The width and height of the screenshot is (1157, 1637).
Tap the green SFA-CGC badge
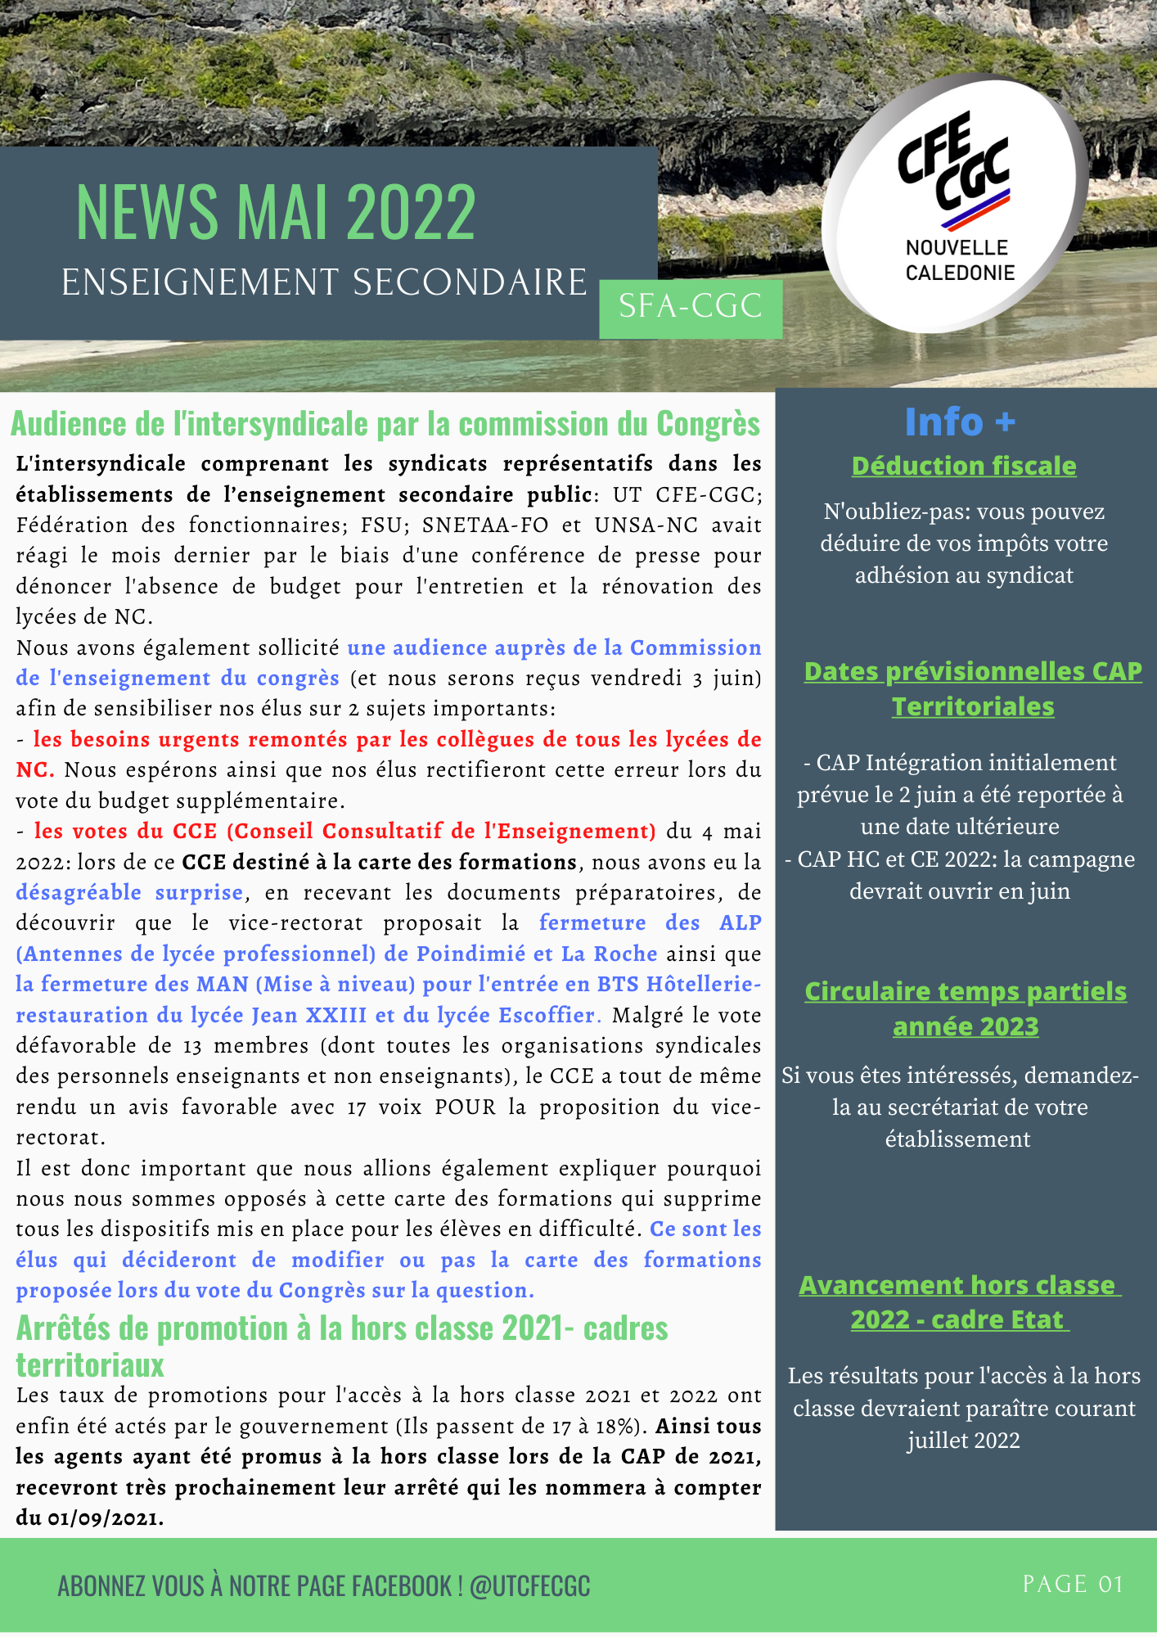(x=691, y=307)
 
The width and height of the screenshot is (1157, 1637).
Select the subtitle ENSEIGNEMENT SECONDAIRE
(x=324, y=282)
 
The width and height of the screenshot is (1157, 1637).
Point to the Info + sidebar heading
(x=960, y=422)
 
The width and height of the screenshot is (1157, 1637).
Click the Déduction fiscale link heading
(x=964, y=466)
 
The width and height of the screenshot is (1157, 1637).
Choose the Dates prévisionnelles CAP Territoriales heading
(x=973, y=688)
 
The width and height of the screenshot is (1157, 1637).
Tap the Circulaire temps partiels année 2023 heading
(x=966, y=1008)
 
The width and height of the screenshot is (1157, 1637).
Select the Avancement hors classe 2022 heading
(x=959, y=1302)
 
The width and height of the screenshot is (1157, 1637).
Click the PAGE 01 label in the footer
(x=1073, y=1584)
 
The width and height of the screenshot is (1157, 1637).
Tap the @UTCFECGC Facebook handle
(x=529, y=1586)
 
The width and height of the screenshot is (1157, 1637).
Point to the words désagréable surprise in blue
(x=129, y=892)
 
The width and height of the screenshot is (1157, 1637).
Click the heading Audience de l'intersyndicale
(x=385, y=424)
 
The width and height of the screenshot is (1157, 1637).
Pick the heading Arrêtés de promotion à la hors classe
(x=342, y=1328)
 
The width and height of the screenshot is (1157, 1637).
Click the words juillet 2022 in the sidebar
(x=964, y=1441)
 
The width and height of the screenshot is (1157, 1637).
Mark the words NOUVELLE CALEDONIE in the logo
(x=959, y=260)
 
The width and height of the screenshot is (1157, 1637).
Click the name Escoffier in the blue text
(x=547, y=1015)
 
